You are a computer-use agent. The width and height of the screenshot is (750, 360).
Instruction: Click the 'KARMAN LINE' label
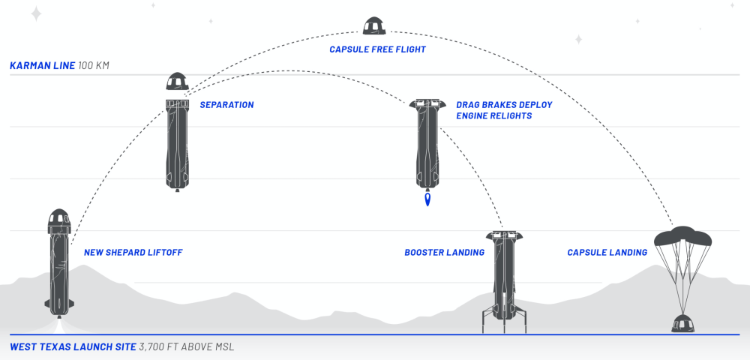[42, 66]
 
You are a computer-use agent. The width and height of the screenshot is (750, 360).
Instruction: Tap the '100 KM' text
[94, 66]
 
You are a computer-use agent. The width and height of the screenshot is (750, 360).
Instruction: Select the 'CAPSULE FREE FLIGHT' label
[377, 49]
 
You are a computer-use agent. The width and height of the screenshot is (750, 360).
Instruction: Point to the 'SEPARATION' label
[226, 105]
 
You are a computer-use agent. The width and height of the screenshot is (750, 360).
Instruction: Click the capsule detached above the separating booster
[176, 82]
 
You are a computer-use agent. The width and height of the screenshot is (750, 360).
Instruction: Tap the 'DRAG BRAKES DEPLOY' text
[504, 105]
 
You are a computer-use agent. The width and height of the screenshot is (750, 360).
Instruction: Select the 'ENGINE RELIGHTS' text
[493, 116]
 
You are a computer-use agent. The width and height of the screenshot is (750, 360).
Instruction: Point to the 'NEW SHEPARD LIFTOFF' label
[133, 253]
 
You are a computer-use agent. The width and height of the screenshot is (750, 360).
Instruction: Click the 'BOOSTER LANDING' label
[444, 253]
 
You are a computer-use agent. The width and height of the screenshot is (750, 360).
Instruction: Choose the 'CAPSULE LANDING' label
[607, 253]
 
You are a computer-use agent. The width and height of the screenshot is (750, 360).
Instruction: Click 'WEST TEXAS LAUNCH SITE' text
[73, 347]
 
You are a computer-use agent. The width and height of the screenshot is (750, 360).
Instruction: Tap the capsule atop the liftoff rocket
[59, 219]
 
